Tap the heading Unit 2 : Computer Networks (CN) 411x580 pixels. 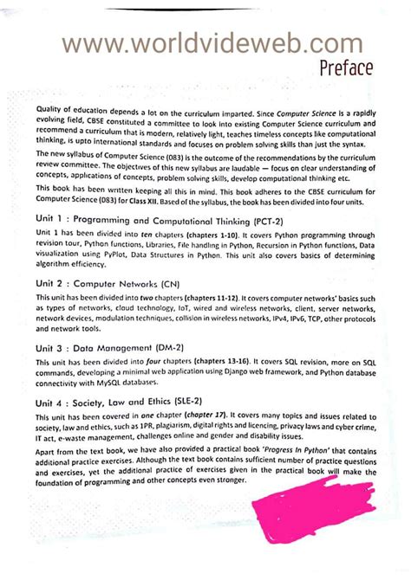pyautogui.click(x=121, y=282)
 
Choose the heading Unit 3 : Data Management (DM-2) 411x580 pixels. pyautogui.click(x=119, y=347)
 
